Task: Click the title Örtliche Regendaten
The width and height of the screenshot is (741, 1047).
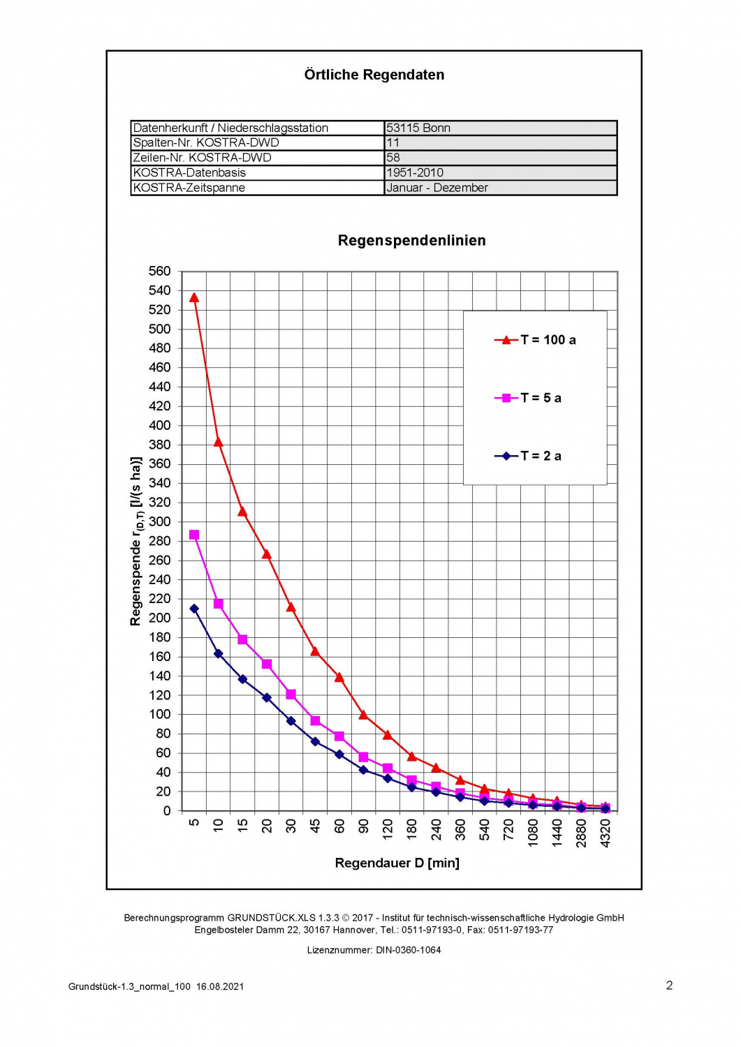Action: [374, 75]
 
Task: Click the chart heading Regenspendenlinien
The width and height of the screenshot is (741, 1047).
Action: [411, 241]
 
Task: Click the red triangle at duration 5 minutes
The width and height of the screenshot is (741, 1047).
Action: [194, 298]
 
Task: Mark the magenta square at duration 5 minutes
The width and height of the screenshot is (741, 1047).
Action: [194, 535]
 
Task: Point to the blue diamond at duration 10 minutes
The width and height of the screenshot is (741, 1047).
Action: [219, 653]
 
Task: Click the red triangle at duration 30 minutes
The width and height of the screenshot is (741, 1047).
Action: [291, 607]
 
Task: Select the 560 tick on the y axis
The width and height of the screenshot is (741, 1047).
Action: [159, 271]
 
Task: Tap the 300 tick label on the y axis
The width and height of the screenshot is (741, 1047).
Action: [159, 521]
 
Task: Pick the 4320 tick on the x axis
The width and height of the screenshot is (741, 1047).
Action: [606, 833]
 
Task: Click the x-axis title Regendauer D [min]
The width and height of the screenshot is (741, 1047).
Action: [397, 863]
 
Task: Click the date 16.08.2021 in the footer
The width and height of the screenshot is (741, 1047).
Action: [220, 986]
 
